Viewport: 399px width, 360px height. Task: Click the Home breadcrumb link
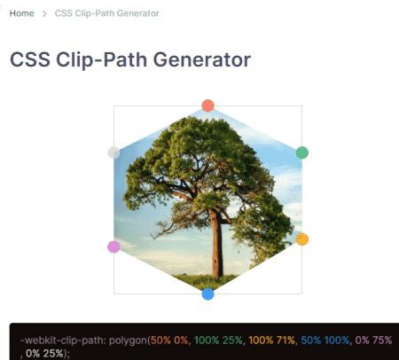pos(21,14)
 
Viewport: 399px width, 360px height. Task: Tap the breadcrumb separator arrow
pos(43,14)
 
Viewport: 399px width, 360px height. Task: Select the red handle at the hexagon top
pos(207,106)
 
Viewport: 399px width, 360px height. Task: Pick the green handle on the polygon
pos(301,153)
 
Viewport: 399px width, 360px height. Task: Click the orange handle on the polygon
pos(301,239)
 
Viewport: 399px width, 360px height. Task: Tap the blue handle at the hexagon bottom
pos(207,293)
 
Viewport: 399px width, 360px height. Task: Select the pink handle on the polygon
pos(113,247)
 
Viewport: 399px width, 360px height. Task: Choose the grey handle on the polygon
pos(113,153)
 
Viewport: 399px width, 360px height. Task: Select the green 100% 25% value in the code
pos(218,340)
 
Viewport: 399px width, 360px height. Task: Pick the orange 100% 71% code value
pos(273,340)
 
